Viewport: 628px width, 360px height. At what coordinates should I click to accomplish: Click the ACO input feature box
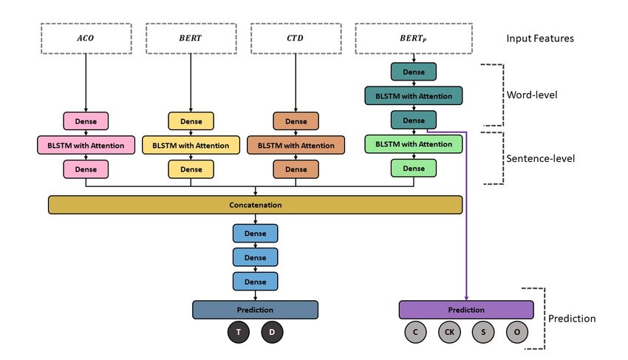[x=86, y=38]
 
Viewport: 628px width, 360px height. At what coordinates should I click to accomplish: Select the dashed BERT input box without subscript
[x=191, y=38]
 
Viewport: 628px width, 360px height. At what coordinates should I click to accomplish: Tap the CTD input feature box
[x=296, y=38]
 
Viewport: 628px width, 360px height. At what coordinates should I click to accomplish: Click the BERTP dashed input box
[x=414, y=38]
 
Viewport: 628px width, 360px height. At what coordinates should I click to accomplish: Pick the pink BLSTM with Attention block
[x=86, y=145]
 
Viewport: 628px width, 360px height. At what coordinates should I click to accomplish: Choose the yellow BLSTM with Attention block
[x=191, y=145]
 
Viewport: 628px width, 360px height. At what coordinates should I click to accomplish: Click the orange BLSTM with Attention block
[x=296, y=145]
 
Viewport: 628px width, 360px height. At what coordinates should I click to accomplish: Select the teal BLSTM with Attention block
[x=414, y=95]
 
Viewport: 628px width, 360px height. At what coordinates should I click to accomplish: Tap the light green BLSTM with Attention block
[x=414, y=144]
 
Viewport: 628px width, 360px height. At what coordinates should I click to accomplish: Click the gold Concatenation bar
[x=255, y=205]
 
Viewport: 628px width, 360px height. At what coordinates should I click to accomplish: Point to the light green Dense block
[x=414, y=169]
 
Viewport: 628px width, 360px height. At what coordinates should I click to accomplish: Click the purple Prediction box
[x=466, y=310]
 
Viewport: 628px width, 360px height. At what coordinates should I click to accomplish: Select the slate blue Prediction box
[x=255, y=310]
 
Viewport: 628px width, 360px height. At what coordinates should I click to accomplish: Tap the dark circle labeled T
[x=238, y=333]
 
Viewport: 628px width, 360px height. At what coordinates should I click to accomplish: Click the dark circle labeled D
[x=272, y=333]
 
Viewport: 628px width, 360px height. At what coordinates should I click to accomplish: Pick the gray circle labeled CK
[x=449, y=333]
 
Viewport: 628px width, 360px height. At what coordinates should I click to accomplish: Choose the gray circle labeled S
[x=483, y=333]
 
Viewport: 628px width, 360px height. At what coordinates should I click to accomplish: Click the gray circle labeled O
[x=517, y=333]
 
